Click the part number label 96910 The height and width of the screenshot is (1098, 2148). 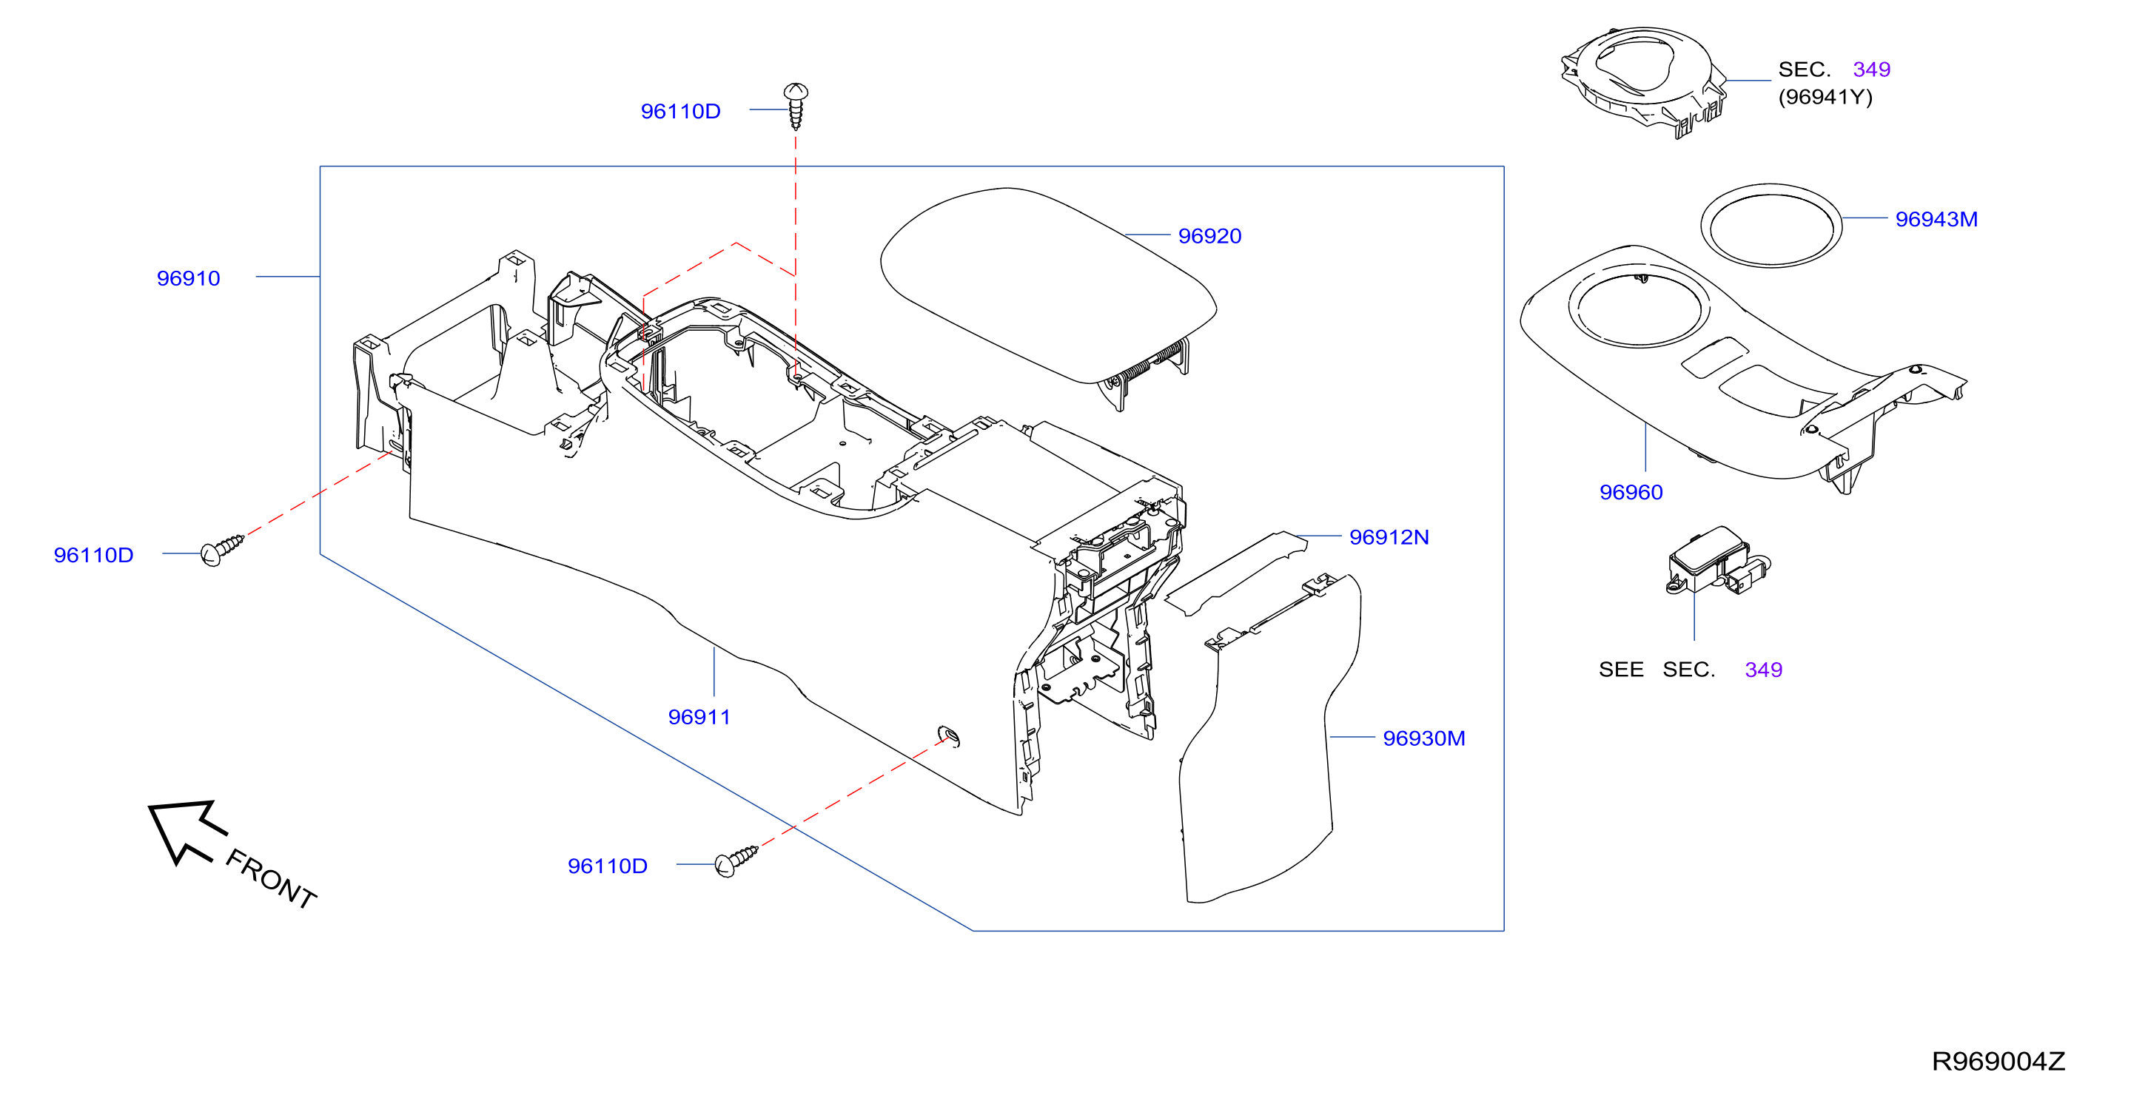click(x=189, y=278)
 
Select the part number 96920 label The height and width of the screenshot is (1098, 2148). click(x=1209, y=236)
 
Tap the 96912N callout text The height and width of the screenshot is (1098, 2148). click(x=1389, y=537)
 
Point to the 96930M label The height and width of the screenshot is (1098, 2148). click(x=1423, y=738)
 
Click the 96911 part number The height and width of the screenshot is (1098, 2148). click(x=699, y=717)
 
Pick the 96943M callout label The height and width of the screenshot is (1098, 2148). click(x=1936, y=219)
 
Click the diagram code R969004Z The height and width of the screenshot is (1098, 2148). click(x=1998, y=1061)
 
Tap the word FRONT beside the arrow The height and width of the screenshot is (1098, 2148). click(x=271, y=879)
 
